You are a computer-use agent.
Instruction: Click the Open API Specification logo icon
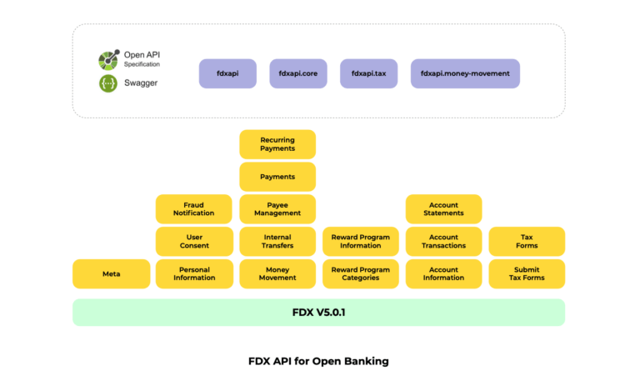[x=108, y=59]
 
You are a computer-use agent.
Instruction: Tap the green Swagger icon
[x=108, y=83]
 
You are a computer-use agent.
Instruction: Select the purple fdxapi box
[x=227, y=73]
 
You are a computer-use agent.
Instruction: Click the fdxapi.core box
[x=298, y=73]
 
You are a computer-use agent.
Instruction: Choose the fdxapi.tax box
[x=368, y=73]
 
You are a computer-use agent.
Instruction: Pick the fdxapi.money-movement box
[x=465, y=73]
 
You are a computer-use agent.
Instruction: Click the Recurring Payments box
[x=277, y=144]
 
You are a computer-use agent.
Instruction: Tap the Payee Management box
[x=277, y=209]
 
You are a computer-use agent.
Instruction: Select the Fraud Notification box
[x=193, y=209]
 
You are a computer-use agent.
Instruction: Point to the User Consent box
[x=193, y=242]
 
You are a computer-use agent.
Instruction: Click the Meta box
[x=111, y=273]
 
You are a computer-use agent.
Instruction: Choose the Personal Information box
[x=193, y=273]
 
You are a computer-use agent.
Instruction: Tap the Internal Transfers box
[x=277, y=242]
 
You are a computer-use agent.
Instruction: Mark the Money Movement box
[x=277, y=273]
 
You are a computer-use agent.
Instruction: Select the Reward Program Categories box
[x=360, y=273]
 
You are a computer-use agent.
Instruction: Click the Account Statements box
[x=443, y=209]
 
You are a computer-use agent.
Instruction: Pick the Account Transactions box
[x=443, y=242]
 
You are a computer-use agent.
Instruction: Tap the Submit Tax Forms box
[x=527, y=273]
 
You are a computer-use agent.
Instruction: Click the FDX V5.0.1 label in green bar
[x=318, y=313]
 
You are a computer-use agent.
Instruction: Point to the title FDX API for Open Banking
[x=318, y=361]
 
